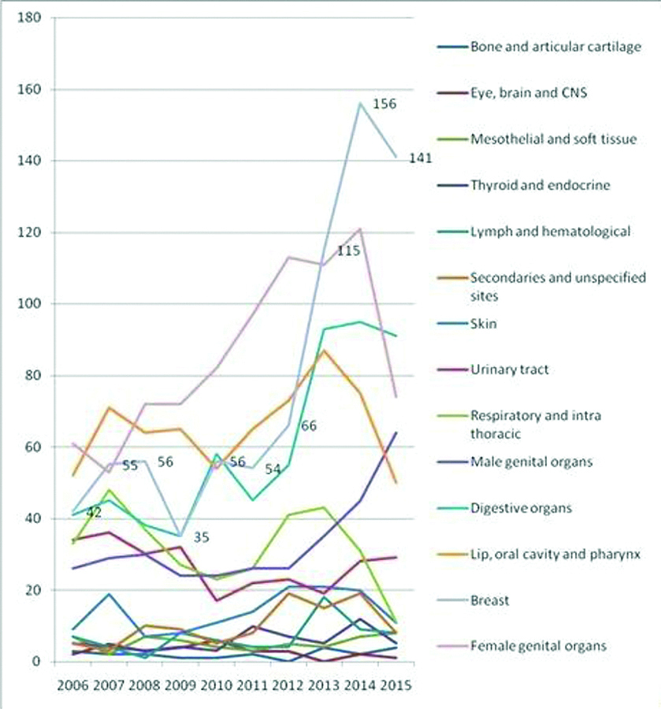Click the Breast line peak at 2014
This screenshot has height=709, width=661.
[x=359, y=102]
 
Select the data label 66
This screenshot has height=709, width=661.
[x=309, y=426]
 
